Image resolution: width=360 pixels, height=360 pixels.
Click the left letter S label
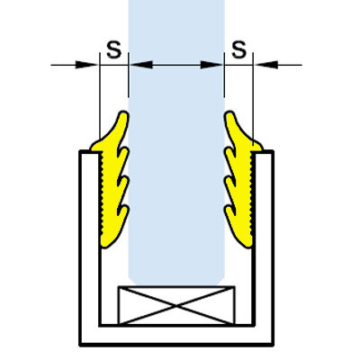coord(114,49)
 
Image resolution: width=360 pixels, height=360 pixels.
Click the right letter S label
coord(239,49)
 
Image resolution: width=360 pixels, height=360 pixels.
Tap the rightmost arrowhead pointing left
coord(265,65)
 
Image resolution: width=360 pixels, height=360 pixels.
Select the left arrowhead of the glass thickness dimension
coord(140,65)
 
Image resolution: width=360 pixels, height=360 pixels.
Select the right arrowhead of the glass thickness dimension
coord(211,65)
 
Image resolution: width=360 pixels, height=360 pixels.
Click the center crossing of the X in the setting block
coord(176,306)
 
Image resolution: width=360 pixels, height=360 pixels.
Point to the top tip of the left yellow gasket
coord(123,112)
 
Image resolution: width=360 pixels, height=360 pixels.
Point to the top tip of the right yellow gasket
coord(229,112)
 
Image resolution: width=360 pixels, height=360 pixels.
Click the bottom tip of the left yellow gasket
coord(105,247)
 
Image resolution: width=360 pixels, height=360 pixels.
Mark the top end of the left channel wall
coord(89,152)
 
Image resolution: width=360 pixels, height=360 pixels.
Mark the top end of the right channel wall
coord(264,152)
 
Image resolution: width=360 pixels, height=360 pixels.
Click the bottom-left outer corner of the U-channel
coord(80,345)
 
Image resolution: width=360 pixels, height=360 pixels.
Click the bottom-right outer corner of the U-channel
coord(273,345)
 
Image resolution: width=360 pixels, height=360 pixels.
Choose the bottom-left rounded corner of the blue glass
coord(131,282)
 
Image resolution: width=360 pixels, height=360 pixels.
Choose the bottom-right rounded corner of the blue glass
coord(221,282)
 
